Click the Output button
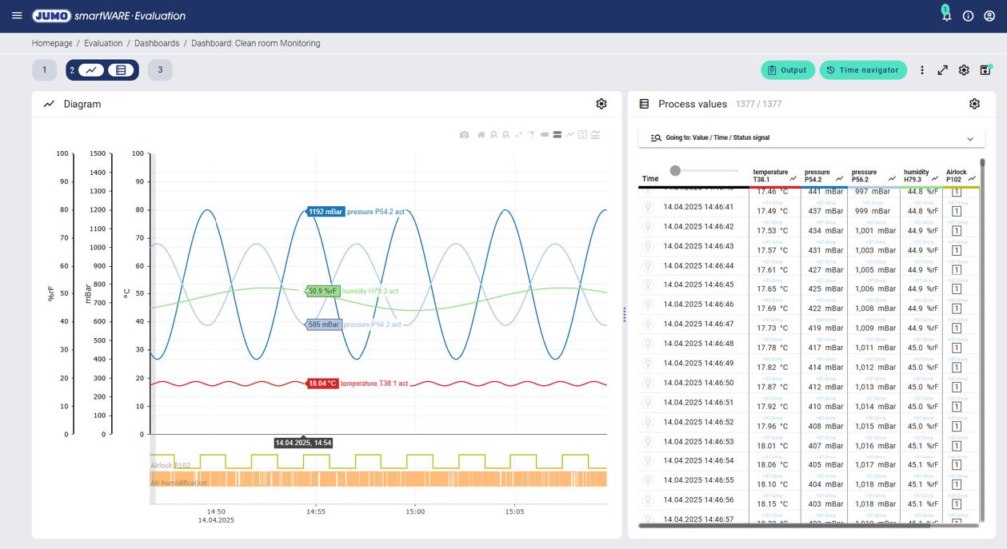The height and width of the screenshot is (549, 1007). coord(788,70)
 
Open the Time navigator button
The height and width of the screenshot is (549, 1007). coord(863,70)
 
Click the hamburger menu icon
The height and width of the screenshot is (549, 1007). coord(17,16)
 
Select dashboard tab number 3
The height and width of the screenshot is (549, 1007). coord(160,70)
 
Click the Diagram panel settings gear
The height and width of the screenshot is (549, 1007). coord(601,104)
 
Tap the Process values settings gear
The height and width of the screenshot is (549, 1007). coord(974,104)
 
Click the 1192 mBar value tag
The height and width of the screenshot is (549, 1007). coord(326,212)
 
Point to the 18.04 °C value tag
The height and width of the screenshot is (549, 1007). coord(323,384)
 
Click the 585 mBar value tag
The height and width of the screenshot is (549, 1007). coord(325,324)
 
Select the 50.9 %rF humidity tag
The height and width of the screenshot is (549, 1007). coord(323,291)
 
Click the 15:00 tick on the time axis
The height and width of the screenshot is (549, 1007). coord(415,511)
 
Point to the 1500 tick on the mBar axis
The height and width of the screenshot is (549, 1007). coord(98,153)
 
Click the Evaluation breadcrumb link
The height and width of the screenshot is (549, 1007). coord(103,43)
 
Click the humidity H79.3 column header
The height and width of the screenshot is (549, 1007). coord(917,176)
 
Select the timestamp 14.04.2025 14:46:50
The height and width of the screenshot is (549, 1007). coord(698,383)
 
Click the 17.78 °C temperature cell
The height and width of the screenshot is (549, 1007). coord(772,348)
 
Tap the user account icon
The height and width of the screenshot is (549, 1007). coord(989,16)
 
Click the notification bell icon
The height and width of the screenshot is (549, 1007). coord(946,16)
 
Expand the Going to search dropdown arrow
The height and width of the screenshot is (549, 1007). coord(970,138)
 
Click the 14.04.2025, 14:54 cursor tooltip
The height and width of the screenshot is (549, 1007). coord(303,443)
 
